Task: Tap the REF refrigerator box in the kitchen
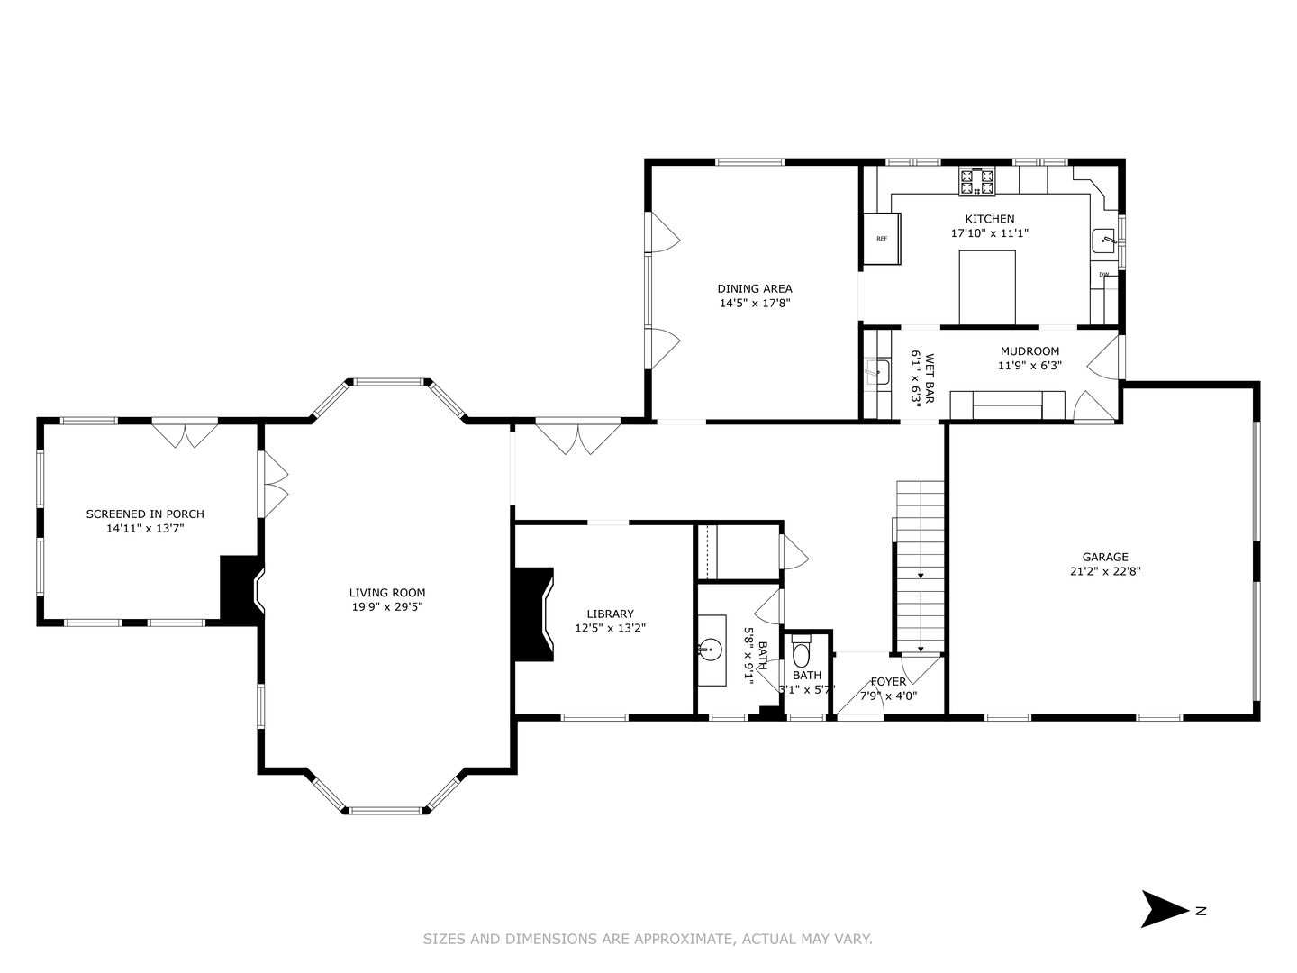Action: [882, 239]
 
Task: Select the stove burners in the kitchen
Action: [976, 182]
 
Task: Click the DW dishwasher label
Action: [1103, 274]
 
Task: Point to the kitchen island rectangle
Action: [987, 286]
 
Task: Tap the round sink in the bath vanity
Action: [711, 648]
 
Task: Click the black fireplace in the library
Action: [533, 615]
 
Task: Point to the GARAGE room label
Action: [1105, 557]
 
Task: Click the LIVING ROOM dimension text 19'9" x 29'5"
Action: [387, 607]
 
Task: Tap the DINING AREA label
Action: [755, 288]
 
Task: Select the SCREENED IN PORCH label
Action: [145, 514]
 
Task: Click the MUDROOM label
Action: [1029, 350]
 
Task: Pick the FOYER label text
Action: [888, 681]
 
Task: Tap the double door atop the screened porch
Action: [185, 434]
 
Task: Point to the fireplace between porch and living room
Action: [240, 589]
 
